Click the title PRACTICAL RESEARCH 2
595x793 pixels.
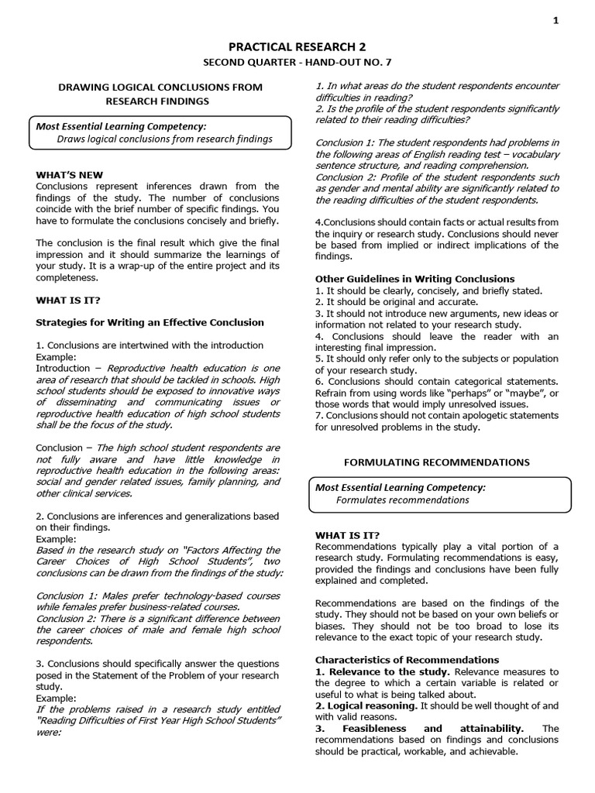click(297, 48)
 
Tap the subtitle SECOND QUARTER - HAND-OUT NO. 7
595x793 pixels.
click(297, 63)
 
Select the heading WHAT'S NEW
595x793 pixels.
click(70, 175)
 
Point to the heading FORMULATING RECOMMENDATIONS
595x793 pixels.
click(437, 462)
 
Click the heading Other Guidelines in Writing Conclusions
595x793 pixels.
click(414, 279)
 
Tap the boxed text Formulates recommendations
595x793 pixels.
click(403, 499)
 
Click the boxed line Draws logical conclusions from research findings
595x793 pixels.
click(165, 139)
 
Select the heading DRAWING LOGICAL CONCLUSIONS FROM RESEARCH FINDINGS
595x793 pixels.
click(161, 94)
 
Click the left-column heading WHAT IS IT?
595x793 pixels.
click(68, 299)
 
